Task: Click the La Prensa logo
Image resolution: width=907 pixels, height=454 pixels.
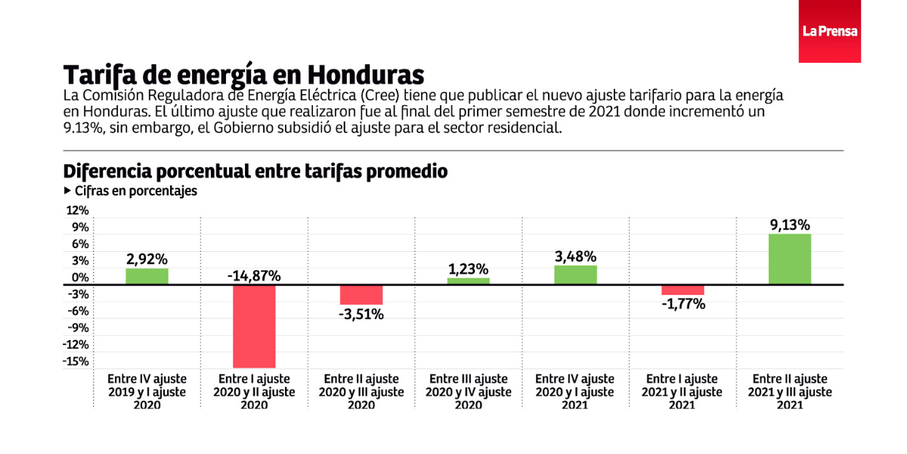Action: tap(829, 32)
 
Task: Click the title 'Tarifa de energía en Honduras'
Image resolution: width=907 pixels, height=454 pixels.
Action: tap(243, 75)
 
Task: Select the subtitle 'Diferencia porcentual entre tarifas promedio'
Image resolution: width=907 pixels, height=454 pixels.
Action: tap(255, 172)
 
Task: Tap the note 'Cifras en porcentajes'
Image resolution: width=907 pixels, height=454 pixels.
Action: tap(135, 191)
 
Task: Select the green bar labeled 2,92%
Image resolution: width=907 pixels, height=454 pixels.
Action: tap(147, 276)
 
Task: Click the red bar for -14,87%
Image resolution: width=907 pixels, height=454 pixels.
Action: tap(254, 326)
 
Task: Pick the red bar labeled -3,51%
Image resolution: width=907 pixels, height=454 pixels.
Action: tap(361, 295)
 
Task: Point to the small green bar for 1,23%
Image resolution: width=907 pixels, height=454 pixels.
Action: tap(468, 281)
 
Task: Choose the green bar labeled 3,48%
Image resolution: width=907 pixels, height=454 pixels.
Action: tap(575, 275)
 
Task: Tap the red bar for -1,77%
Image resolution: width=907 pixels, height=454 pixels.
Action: tap(683, 290)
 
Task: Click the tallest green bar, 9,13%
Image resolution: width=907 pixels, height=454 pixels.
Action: tap(790, 259)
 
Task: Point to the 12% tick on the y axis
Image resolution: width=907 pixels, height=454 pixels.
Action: tap(79, 210)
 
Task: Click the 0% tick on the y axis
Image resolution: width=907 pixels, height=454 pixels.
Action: tap(80, 277)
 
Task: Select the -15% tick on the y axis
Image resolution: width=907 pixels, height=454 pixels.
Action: tap(76, 361)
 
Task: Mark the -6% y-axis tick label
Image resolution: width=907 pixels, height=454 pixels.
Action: tap(79, 311)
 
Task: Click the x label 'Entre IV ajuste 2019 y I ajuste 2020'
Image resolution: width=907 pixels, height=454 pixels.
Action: tap(147, 392)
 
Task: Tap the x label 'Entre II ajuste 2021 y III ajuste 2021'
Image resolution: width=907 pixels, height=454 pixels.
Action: tap(790, 392)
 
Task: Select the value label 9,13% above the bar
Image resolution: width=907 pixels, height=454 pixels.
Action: tap(790, 225)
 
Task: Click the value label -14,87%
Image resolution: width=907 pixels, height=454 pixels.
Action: tap(254, 276)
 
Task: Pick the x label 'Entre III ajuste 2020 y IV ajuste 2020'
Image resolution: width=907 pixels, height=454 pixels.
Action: tap(468, 392)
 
